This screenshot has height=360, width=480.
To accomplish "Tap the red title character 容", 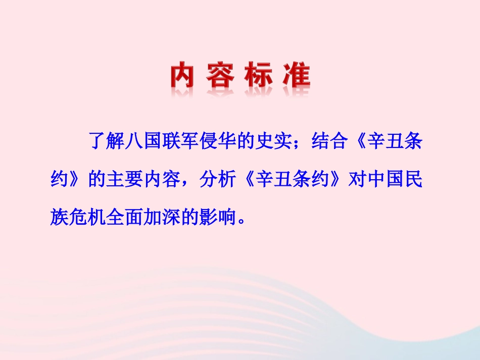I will pyautogui.click(x=220, y=76).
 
